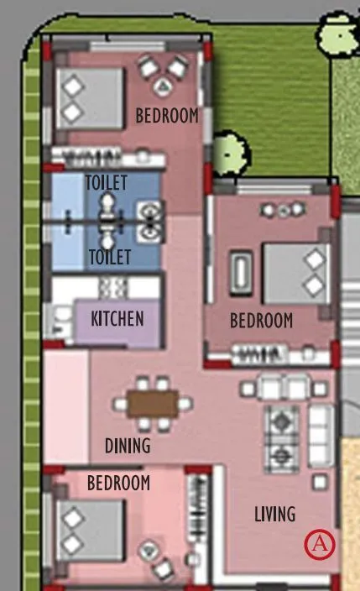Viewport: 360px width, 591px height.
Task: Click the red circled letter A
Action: [319, 544]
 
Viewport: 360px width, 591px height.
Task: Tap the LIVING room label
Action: [274, 513]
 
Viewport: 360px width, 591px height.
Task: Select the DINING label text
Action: [128, 445]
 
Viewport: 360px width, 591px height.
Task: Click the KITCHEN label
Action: [117, 319]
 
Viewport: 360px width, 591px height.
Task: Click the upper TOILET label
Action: [106, 182]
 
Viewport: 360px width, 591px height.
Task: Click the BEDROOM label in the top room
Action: [168, 116]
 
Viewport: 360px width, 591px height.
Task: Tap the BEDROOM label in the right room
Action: [262, 321]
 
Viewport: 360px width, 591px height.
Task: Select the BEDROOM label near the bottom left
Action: [118, 483]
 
